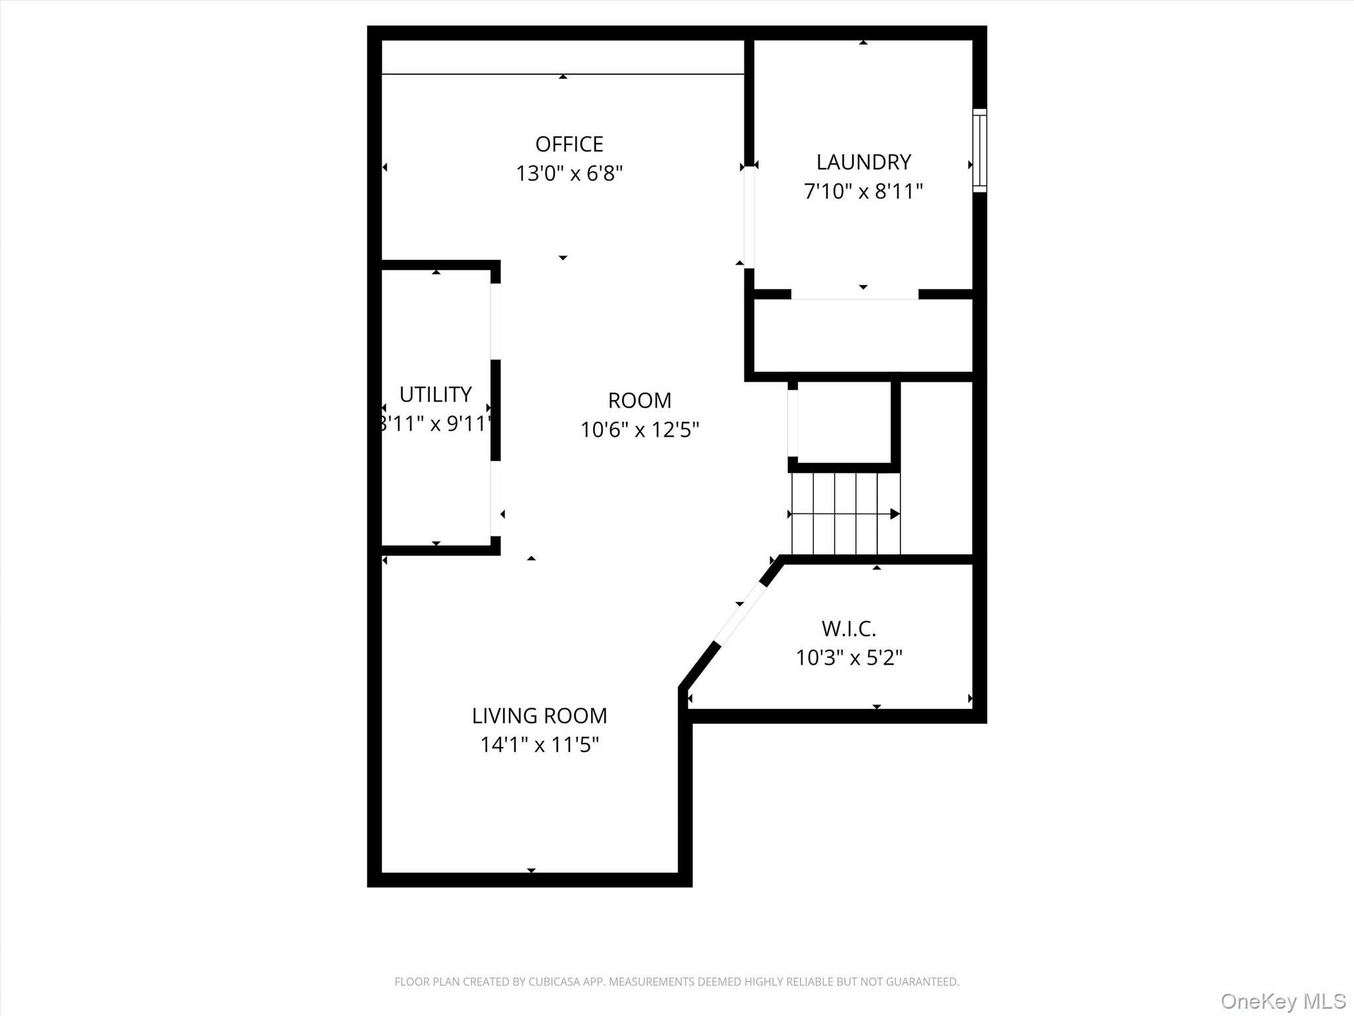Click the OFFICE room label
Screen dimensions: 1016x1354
pyautogui.click(x=569, y=144)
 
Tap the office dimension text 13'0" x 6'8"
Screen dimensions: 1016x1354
pyautogui.click(x=569, y=174)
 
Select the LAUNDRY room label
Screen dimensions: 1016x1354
pyautogui.click(x=863, y=162)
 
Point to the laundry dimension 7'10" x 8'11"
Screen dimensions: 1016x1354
pyautogui.click(x=863, y=192)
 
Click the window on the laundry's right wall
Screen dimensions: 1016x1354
pyautogui.click(x=979, y=151)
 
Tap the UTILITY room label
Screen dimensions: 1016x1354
pyautogui.click(x=435, y=395)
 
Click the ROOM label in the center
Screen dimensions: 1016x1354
pyautogui.click(x=639, y=401)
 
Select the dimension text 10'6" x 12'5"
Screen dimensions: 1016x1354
pyautogui.click(x=639, y=431)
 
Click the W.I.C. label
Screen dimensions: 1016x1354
pyautogui.click(x=848, y=628)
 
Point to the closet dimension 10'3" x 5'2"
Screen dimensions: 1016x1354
pyautogui.click(x=849, y=658)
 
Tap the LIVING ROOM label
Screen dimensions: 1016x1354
pyautogui.click(x=539, y=716)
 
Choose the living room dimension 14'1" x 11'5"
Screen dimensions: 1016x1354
pyautogui.click(x=539, y=745)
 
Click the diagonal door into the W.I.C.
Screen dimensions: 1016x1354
pyautogui.click(x=740, y=613)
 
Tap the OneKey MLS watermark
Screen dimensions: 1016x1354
pyautogui.click(x=1283, y=1001)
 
